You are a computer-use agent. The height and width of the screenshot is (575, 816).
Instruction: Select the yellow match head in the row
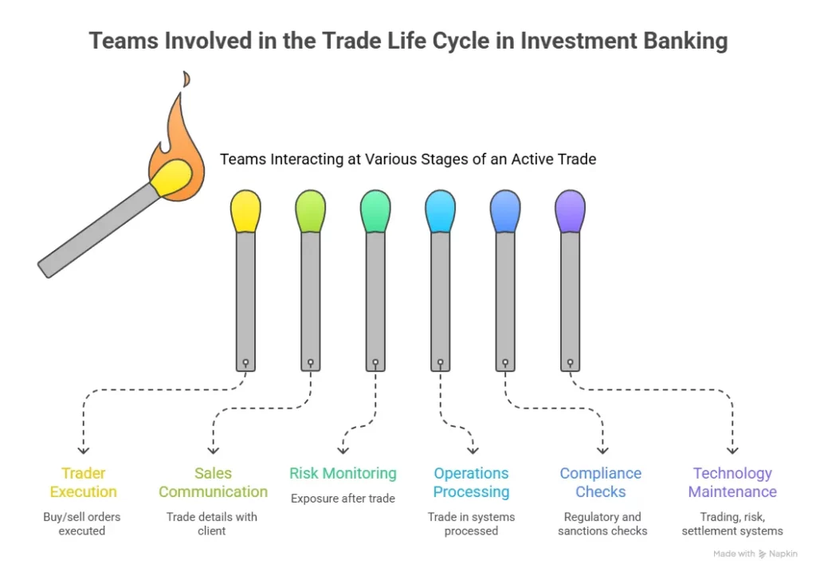245,212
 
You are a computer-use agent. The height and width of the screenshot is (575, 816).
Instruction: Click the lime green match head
310,212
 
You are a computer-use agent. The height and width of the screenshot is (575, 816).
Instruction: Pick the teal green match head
375,212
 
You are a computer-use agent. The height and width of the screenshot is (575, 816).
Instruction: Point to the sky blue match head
440,212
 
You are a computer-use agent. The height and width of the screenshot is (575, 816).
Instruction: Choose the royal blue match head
505,212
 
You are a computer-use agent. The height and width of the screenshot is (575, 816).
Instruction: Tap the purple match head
570,212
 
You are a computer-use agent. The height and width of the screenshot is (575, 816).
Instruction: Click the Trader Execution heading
83,483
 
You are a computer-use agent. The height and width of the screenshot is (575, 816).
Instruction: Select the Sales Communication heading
213,483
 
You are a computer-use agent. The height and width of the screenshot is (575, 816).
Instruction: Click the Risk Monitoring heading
343,474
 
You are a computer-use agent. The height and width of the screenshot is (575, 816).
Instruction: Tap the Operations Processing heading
471,483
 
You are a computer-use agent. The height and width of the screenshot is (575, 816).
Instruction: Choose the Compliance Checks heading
601,483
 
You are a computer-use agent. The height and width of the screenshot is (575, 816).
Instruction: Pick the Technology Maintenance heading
732,483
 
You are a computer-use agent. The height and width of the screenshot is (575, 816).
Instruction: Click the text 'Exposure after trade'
343,499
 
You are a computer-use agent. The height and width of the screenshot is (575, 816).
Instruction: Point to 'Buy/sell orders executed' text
82,524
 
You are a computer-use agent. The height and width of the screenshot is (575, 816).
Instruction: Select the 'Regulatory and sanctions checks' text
602,524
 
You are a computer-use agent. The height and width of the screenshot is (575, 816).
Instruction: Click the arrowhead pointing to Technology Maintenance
732,450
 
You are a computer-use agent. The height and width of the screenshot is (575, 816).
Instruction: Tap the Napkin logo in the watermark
763,554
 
